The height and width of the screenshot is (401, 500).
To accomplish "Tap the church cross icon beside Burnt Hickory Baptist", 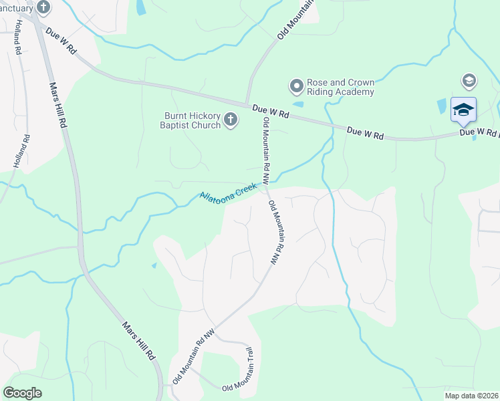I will [x=231, y=120].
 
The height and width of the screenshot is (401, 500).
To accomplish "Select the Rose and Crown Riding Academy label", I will [x=340, y=87].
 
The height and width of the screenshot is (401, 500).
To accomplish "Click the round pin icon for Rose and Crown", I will [x=296, y=86].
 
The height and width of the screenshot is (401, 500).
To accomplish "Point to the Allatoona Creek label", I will [x=229, y=193].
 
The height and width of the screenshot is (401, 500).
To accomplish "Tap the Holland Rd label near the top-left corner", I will [x=16, y=37].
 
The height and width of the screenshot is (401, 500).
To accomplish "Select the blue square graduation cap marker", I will [x=463, y=110].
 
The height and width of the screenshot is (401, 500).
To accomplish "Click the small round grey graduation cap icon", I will [x=469, y=81].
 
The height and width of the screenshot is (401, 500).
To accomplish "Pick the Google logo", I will [x=22, y=393].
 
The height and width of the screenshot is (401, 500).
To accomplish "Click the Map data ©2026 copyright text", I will [x=472, y=396].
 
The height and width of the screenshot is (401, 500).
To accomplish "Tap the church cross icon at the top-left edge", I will [x=43, y=8].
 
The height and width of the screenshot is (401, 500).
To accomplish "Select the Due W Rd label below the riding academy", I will [x=271, y=112].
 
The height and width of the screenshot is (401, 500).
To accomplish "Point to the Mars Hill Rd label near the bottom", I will [x=139, y=341].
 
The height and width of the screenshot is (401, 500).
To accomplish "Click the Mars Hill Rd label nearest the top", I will [x=59, y=106].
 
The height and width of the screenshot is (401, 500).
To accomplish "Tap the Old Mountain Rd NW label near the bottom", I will [x=194, y=355].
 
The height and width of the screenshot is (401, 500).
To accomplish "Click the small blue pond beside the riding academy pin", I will [x=297, y=104].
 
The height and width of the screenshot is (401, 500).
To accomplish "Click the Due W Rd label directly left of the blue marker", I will [x=365, y=133].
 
